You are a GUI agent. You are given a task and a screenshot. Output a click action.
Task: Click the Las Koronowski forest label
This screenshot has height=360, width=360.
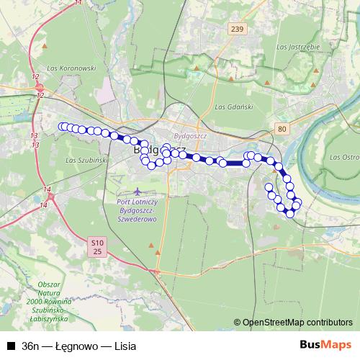point(70,69)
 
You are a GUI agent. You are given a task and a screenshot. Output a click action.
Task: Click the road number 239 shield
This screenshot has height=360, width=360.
point(237,28)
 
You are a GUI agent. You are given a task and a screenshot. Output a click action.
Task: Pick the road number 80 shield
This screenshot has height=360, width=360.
point(281,128)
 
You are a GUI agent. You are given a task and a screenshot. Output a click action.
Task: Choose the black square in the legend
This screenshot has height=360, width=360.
point(11,346)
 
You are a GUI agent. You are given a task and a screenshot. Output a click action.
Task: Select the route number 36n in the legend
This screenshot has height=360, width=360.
point(31,346)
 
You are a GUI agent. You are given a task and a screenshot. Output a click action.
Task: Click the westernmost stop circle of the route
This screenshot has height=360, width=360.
point(62,127)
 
